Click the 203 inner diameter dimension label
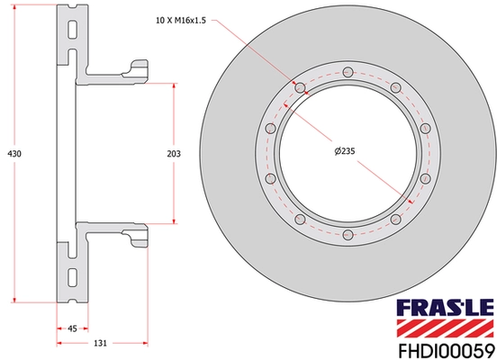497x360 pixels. [174, 155]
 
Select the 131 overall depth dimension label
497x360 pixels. [101, 344]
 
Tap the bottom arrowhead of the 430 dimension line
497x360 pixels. [14, 299]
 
